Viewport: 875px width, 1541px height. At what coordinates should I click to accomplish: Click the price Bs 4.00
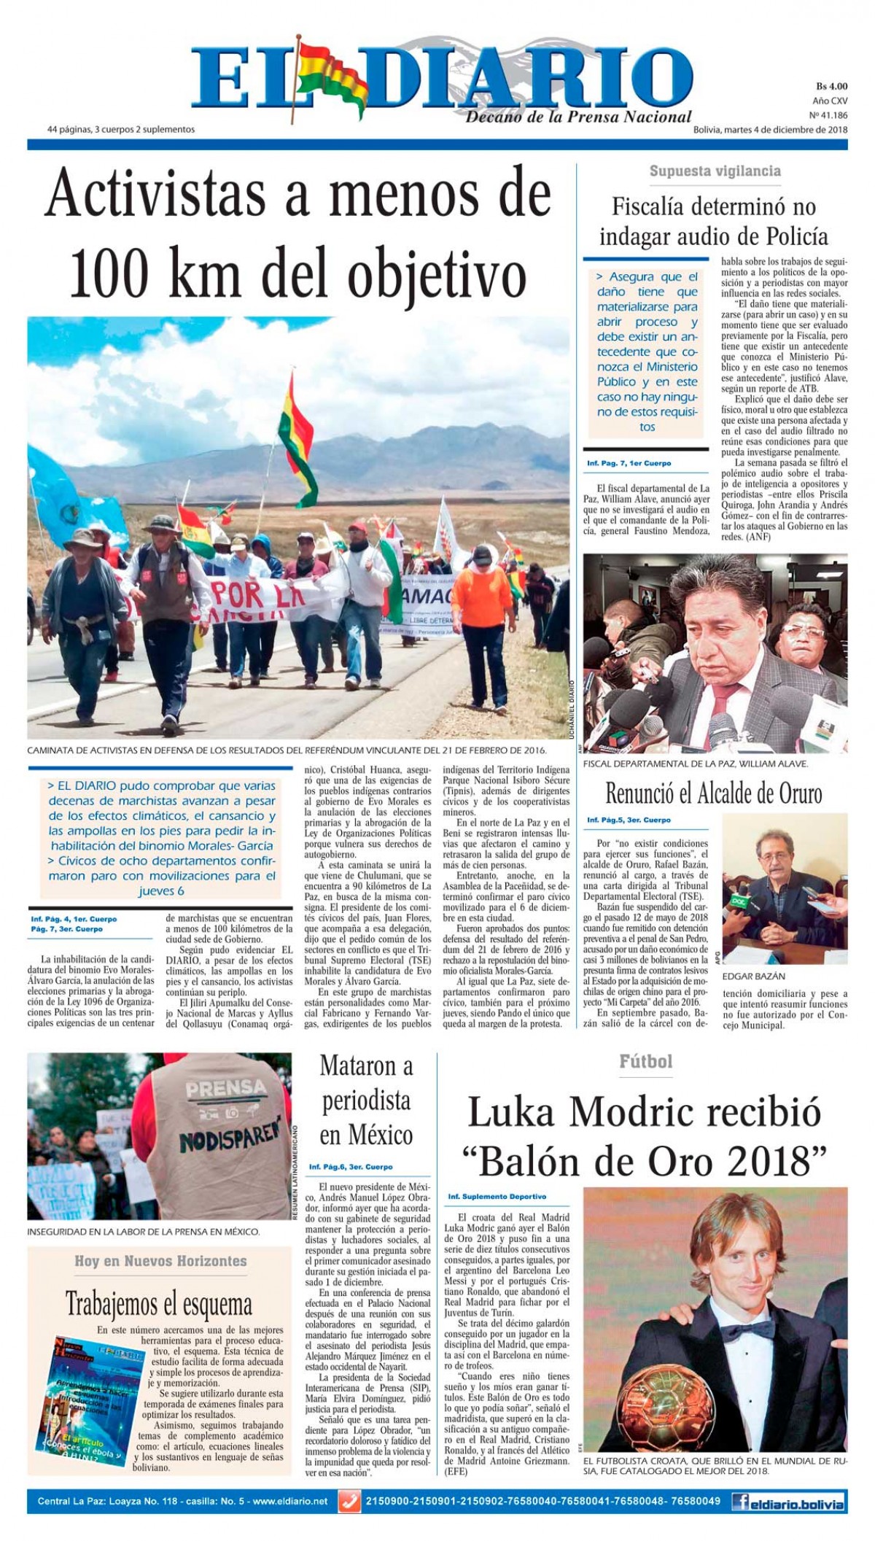click(831, 85)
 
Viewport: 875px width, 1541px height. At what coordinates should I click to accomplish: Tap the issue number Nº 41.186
click(828, 114)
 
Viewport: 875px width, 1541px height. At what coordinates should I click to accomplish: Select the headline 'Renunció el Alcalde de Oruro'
click(713, 793)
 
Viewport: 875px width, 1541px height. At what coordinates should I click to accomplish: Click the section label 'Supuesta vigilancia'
click(715, 171)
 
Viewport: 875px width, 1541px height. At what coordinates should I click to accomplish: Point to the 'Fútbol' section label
click(645, 1061)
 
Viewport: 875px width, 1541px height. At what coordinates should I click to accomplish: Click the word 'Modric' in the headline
click(645, 1114)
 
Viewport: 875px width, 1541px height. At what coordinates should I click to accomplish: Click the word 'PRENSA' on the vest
click(225, 1089)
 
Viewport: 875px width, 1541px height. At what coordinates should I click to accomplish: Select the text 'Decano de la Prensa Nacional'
click(578, 117)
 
